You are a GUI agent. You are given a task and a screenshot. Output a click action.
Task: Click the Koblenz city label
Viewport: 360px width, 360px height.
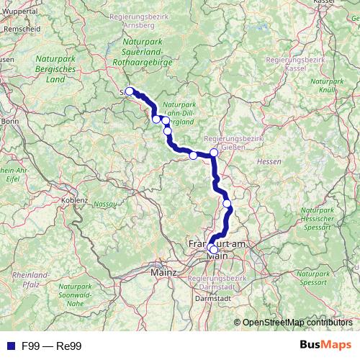(75, 199)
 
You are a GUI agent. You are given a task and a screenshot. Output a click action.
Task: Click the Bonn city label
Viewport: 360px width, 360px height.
(9, 122)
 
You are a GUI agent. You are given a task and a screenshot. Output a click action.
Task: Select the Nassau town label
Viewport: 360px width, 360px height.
(104, 204)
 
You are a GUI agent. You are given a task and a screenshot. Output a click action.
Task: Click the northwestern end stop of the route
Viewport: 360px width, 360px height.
(130, 91)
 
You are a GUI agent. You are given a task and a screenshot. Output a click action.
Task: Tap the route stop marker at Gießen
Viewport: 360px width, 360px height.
(214, 153)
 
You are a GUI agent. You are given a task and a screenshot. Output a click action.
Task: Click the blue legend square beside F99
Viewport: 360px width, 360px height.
(9, 346)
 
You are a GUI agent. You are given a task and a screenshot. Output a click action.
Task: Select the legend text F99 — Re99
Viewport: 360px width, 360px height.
(51, 346)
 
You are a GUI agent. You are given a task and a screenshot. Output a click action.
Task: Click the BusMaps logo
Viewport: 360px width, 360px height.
(325, 346)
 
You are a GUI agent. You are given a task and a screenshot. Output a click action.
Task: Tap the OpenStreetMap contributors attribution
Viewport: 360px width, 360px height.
(297, 323)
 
